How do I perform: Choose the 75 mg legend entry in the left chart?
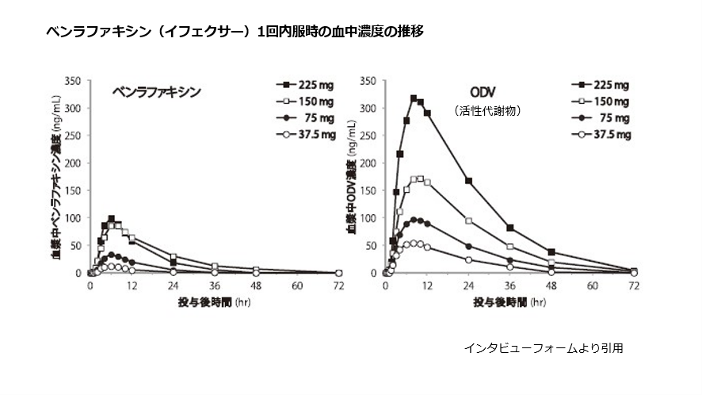tap(305, 117)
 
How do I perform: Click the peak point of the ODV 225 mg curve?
tap(413, 98)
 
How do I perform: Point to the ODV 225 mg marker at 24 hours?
tap(468, 182)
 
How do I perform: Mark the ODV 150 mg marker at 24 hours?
tap(468, 221)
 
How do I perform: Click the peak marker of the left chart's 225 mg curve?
tap(112, 218)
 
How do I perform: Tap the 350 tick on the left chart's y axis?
tap(74, 81)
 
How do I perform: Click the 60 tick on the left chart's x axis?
tap(297, 286)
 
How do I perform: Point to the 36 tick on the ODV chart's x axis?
tap(509, 286)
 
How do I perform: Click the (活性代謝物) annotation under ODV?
tap(487, 112)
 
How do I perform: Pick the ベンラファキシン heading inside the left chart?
tap(156, 91)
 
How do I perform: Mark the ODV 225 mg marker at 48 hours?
tap(551, 252)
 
